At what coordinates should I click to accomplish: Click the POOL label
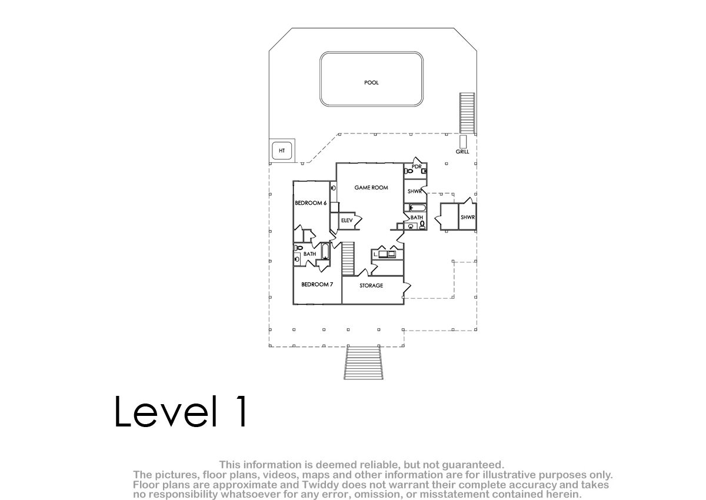tap(371, 82)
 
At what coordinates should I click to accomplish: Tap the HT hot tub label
tap(282, 151)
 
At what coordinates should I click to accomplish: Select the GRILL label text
tap(462, 152)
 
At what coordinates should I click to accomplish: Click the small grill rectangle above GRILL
tap(462, 141)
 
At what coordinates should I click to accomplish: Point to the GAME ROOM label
tap(371, 188)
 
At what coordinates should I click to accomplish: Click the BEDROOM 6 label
tap(311, 203)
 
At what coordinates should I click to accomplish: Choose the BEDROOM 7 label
tap(317, 285)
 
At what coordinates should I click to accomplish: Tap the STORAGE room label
tap(371, 285)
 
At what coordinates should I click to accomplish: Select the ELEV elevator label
tap(347, 220)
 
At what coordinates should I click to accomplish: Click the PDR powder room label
tap(417, 166)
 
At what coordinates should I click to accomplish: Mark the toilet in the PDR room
tap(408, 171)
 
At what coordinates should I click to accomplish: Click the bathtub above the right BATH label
tap(418, 208)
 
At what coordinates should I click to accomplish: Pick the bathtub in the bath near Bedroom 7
tap(325, 251)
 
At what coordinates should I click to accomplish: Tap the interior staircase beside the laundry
tap(348, 259)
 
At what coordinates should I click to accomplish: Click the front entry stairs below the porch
tap(364, 362)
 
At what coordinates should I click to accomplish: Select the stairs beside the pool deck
tap(467, 113)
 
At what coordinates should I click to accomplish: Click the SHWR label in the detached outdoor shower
tap(467, 218)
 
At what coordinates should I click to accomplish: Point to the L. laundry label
tap(375, 255)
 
